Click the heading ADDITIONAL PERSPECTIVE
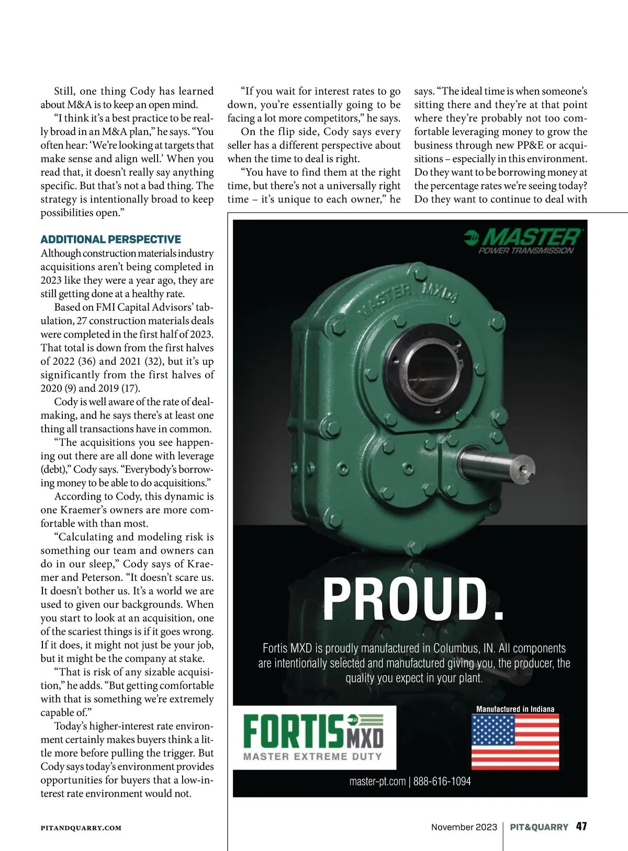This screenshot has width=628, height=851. (x=111, y=240)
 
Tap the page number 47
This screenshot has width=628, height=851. (x=581, y=827)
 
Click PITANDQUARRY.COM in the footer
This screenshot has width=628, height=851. (x=81, y=828)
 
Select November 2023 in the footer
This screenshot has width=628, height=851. (x=464, y=827)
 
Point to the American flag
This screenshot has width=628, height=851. (x=515, y=741)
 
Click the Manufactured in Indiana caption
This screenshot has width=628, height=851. (x=515, y=709)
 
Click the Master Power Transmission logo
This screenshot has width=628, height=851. (x=523, y=241)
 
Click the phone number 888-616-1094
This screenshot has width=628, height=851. (x=442, y=781)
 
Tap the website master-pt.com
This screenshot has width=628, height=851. (x=377, y=781)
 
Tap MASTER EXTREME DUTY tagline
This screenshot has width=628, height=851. (x=312, y=757)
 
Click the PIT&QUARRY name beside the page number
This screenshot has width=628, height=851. (x=539, y=827)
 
